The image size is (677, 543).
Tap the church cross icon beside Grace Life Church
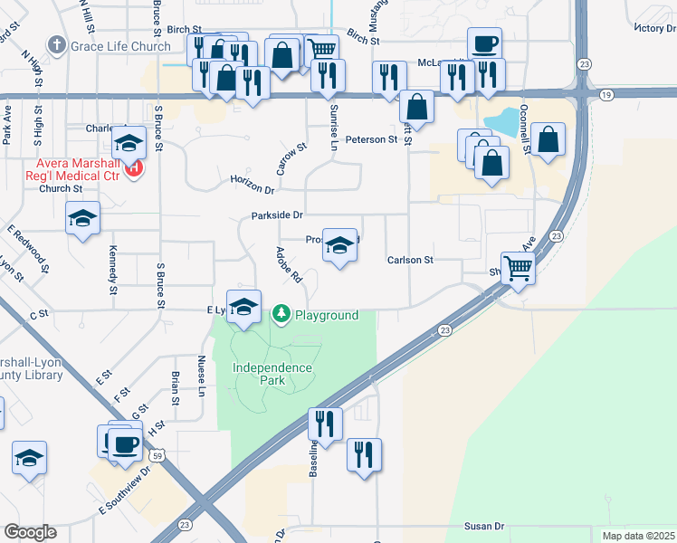(57, 45)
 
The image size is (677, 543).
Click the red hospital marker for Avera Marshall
(135, 167)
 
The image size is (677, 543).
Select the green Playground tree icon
(281, 314)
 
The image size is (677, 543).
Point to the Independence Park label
(272, 374)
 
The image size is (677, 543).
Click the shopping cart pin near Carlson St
(518, 267)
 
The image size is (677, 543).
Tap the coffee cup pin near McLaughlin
(484, 43)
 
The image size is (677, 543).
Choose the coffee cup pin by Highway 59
(125, 444)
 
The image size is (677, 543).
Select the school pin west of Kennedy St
(83, 218)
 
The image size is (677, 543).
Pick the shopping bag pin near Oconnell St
(548, 139)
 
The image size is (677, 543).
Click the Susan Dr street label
(484, 526)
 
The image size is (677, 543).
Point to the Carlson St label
(411, 260)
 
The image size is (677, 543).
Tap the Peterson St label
(371, 139)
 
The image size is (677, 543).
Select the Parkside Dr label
(277, 215)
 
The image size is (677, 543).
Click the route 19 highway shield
(605, 94)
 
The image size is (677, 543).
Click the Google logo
(30, 532)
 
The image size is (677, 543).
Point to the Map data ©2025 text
(638, 536)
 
